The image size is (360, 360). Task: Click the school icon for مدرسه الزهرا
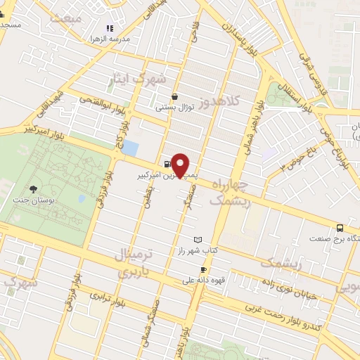109,29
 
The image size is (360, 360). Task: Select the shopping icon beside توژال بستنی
175,97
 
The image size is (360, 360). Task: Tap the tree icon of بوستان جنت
33,188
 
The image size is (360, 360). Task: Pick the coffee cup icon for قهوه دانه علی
203,269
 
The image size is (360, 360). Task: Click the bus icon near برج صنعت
340,228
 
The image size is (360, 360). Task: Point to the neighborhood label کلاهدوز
219,101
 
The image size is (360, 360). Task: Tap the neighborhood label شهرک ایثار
136,79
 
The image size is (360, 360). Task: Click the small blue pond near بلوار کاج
130,148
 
